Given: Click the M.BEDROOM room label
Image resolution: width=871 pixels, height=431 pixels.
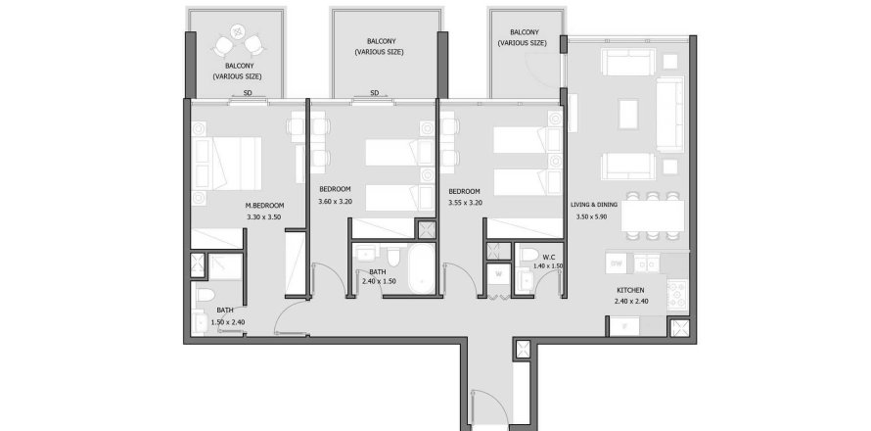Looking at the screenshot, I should tap(264, 206).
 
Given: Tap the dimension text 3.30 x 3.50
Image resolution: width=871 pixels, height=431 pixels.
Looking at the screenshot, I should tap(264, 216).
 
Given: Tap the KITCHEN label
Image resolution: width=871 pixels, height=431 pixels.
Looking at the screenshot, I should tap(630, 291).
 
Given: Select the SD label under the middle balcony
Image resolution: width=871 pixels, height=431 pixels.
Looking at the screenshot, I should tap(374, 94).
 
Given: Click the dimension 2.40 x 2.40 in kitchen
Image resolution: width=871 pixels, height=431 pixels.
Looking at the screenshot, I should tap(630, 302).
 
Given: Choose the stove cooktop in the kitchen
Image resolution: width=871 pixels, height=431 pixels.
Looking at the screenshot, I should tap(677, 290).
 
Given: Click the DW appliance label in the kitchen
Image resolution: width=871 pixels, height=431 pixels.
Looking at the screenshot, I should tap(617, 264).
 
